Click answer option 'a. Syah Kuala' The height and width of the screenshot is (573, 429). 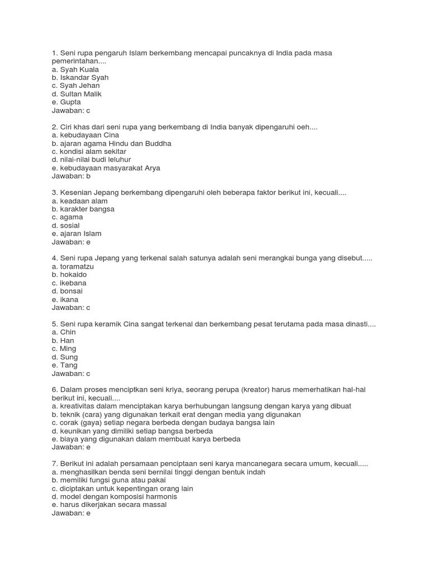coord(75,69)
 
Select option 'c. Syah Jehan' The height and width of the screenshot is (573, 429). coord(75,86)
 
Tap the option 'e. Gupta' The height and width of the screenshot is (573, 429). coord(66,102)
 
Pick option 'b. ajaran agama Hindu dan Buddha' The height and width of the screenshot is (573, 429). coord(111,143)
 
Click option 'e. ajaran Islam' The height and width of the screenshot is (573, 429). coord(77,233)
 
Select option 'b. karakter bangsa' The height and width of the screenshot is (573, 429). coord(83,209)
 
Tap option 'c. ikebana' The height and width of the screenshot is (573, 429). coord(69,283)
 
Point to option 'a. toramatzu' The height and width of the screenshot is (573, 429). coord(73,266)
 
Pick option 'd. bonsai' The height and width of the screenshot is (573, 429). coord(67,291)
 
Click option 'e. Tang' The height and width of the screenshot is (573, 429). coord(64,365)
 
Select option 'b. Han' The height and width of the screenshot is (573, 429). coord(63,340)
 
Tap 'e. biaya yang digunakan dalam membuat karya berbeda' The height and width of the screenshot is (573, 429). coord(146,439)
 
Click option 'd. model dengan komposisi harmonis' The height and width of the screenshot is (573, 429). coord(114,496)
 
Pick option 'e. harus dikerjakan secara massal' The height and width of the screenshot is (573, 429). coord(109,505)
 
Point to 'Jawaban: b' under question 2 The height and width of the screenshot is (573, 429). coord(71,176)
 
